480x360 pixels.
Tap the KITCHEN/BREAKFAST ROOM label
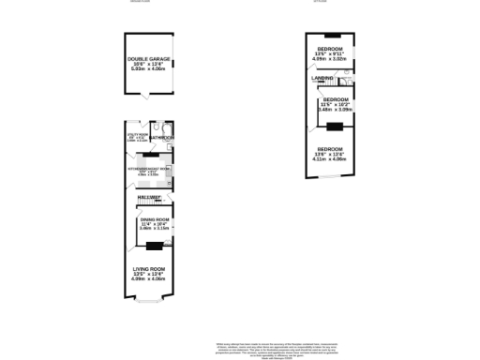click(148, 168)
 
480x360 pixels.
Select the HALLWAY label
click(150, 199)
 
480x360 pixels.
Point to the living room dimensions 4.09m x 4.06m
click(148, 278)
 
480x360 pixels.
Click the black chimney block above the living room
click(153, 247)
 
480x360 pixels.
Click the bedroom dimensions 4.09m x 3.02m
click(330, 58)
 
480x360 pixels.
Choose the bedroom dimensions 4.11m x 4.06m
click(329, 158)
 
